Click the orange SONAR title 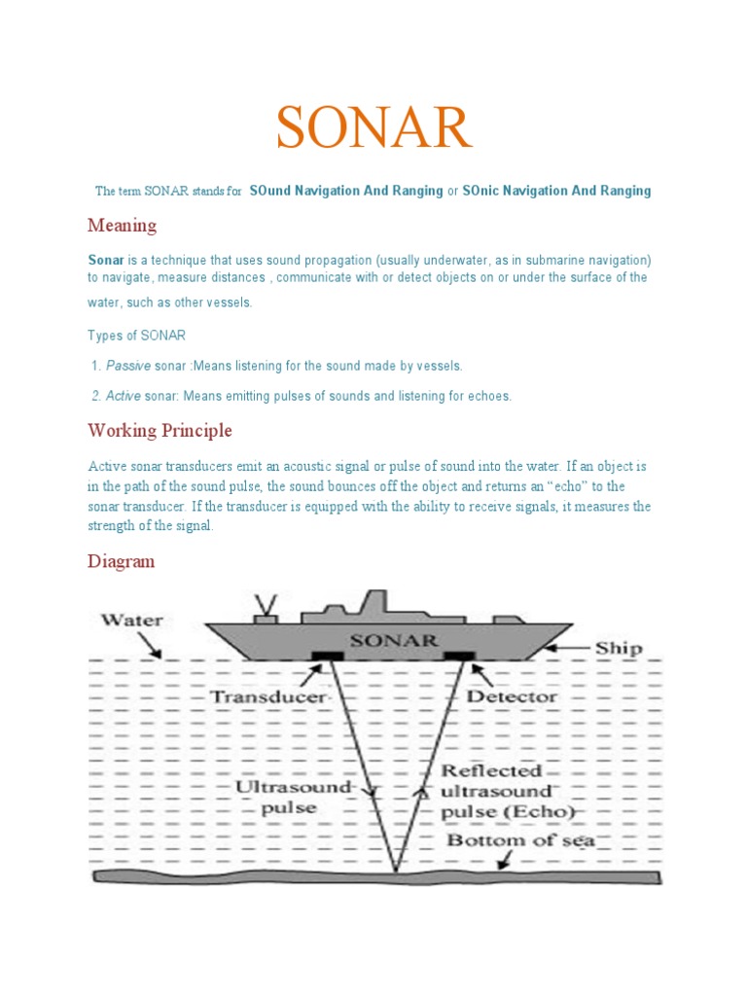pyautogui.click(x=374, y=128)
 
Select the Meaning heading pyautogui.click(x=122, y=226)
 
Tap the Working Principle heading pyautogui.click(x=160, y=430)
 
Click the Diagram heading pyautogui.click(x=121, y=561)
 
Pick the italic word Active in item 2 pyautogui.click(x=123, y=396)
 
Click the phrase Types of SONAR pyautogui.click(x=136, y=336)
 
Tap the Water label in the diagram pyautogui.click(x=133, y=620)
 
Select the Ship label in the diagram pyautogui.click(x=619, y=648)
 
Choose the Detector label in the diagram pyautogui.click(x=513, y=696)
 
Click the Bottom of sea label pyautogui.click(x=520, y=840)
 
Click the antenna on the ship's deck pyautogui.click(x=263, y=608)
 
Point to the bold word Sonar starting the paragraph pyautogui.click(x=106, y=261)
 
